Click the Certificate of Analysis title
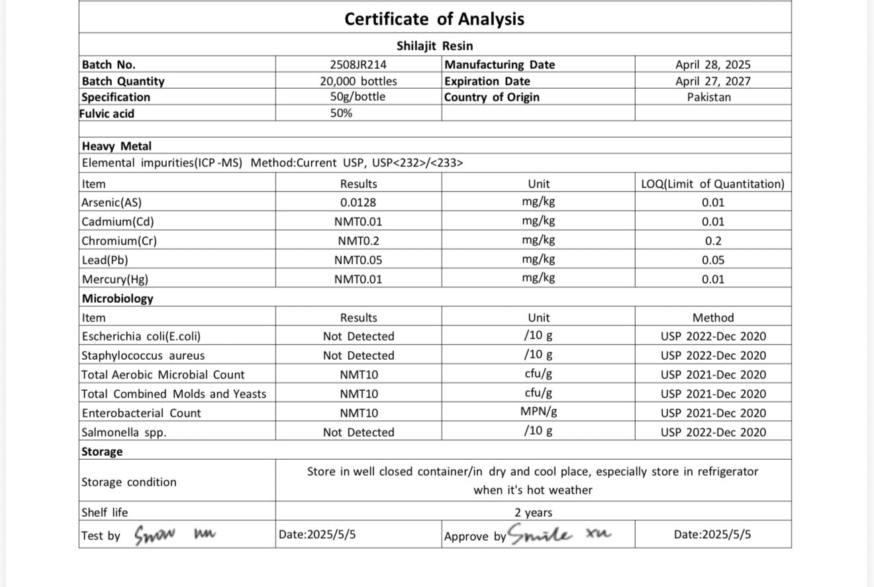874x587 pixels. (434, 19)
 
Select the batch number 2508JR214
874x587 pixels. (358, 65)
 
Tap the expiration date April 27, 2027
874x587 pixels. (712, 81)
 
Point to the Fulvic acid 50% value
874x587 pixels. (341, 113)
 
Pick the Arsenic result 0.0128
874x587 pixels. (358, 203)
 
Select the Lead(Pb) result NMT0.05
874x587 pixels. (358, 260)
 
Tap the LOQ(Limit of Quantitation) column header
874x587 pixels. (712, 184)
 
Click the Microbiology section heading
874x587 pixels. (117, 299)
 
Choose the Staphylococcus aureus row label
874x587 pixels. (143, 356)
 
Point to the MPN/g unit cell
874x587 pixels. (538, 412)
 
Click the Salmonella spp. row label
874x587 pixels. (124, 433)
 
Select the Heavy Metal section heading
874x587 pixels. (117, 146)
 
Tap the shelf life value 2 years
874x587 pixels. (533, 513)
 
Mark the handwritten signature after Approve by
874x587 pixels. (560, 534)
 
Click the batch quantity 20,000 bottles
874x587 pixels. (358, 81)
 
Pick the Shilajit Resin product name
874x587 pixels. (434, 46)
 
